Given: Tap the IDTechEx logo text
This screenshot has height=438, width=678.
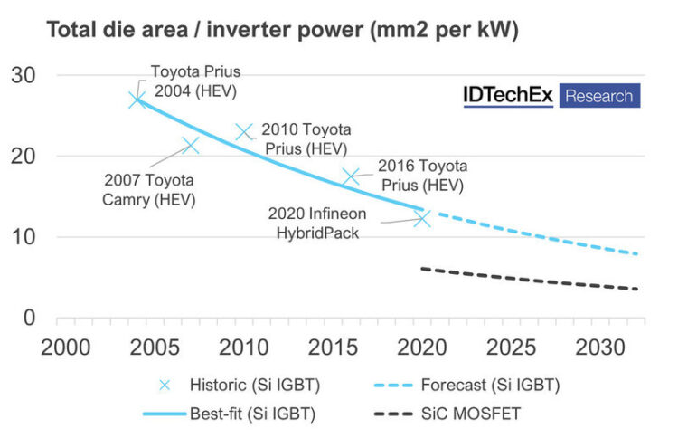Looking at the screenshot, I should pyautogui.click(x=507, y=96).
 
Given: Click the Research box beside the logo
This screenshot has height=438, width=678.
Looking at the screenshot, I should pyautogui.click(x=598, y=96).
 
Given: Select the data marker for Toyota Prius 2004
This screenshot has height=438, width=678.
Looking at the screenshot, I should pyautogui.click(x=137, y=100).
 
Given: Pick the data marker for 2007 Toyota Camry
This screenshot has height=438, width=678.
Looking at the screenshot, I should pyautogui.click(x=190, y=145).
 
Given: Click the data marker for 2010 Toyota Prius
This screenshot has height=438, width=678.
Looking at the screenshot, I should pyautogui.click(x=244, y=132).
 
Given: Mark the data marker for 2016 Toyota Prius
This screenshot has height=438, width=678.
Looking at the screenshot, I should pyautogui.click(x=351, y=176).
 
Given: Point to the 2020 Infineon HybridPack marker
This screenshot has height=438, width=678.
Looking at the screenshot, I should pyautogui.click(x=422, y=218).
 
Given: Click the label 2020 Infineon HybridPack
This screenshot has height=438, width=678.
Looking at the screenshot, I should pyautogui.click(x=319, y=222).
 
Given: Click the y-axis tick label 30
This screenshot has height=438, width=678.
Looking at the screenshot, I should pyautogui.click(x=24, y=76).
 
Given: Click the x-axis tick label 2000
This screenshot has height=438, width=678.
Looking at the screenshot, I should pyautogui.click(x=65, y=348).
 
